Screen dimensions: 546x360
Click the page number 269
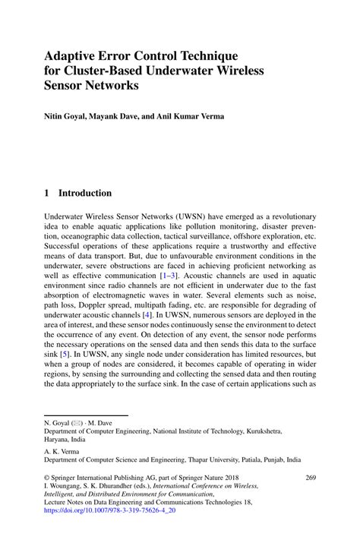pyautogui.click(x=310, y=478)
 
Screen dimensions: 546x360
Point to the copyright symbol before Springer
pyautogui.click(x=46, y=478)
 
